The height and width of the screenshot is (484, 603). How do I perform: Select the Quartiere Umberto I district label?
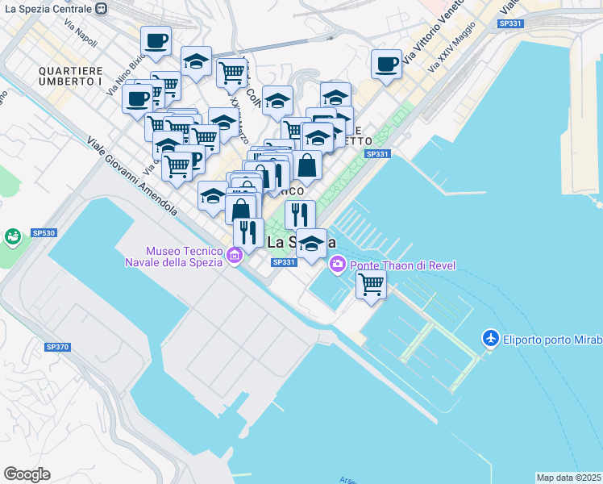point(70,76)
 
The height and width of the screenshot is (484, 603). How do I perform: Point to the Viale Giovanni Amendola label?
point(132,176)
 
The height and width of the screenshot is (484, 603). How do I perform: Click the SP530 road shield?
point(44,232)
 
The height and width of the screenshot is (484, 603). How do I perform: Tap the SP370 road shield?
point(57,347)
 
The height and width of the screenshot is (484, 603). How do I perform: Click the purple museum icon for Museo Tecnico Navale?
point(235,257)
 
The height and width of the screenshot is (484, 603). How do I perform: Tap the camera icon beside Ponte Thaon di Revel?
point(337,263)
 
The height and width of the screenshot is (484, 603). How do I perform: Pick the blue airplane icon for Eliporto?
point(489,339)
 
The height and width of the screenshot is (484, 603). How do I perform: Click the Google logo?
point(27,474)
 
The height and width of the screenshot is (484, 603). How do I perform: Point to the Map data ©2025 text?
point(568,478)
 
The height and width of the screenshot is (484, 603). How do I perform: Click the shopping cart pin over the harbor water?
point(371,284)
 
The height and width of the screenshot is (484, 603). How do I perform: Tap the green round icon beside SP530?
point(13,237)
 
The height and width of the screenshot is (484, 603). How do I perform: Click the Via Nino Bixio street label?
point(128,73)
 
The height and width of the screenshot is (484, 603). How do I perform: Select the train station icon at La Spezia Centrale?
point(101,8)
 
